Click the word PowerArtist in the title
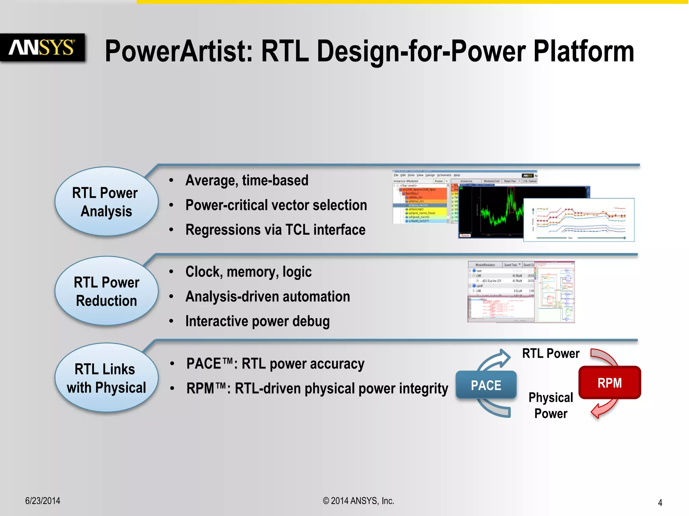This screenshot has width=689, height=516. point(178,51)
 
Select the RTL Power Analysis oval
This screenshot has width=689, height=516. point(106,202)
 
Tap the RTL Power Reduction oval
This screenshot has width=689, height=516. point(106,291)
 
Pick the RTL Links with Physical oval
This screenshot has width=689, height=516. point(106,378)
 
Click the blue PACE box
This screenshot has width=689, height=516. point(486,385)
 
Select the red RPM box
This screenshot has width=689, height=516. point(609,383)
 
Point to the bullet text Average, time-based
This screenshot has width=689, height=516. point(247,180)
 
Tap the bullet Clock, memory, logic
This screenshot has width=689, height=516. point(248,272)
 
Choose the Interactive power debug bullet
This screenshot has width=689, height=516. point(257,321)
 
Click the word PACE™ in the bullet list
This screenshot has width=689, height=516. point(209,364)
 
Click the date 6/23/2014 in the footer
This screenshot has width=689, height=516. point(42,501)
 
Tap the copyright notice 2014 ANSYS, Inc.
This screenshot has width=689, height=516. point(359,501)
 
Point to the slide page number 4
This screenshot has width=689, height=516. point(660,503)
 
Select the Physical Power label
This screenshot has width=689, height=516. point(550,405)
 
